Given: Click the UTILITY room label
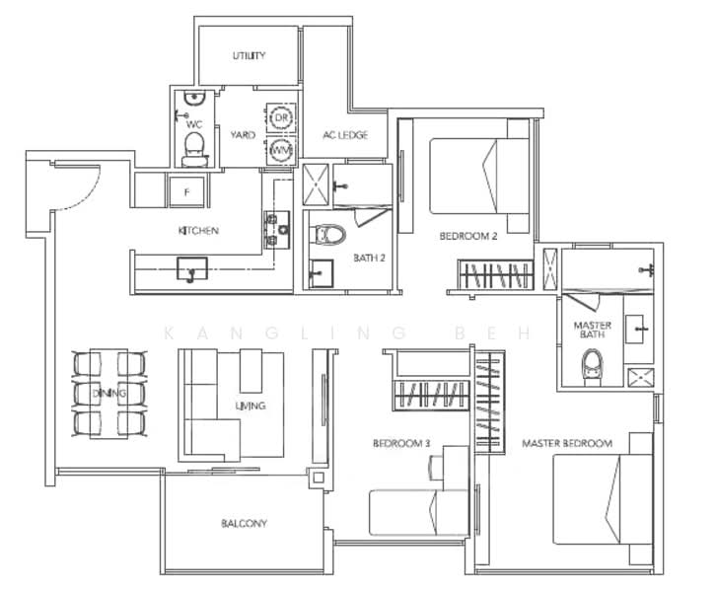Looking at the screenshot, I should pyautogui.click(x=249, y=56).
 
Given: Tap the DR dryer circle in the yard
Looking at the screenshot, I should pyautogui.click(x=280, y=117).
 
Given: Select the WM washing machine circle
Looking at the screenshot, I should pyautogui.click(x=280, y=150).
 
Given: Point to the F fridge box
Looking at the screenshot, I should pyautogui.click(x=186, y=190).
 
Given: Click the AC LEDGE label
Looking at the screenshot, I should pyautogui.click(x=345, y=135).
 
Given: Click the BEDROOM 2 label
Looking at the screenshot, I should pyautogui.click(x=467, y=237).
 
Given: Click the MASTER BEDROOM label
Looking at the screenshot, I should pyautogui.click(x=567, y=444).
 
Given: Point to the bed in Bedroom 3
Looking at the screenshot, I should pyautogui.click(x=413, y=512).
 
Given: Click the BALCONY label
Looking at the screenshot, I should pyautogui.click(x=244, y=524).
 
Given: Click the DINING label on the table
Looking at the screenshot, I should pyautogui.click(x=110, y=394).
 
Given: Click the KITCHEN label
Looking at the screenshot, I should pyautogui.click(x=198, y=231).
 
